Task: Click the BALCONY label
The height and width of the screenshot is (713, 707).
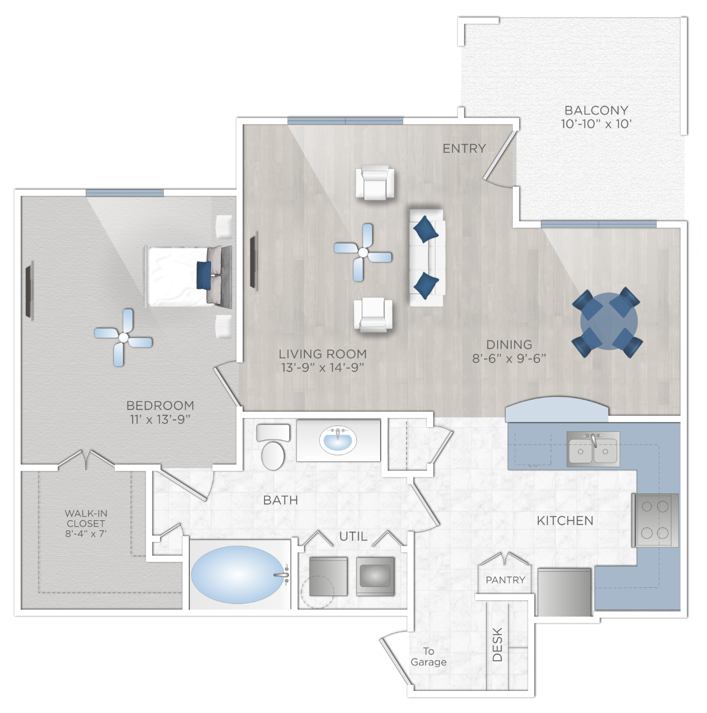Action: coord(596,110)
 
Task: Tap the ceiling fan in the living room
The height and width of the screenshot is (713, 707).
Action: coord(363,252)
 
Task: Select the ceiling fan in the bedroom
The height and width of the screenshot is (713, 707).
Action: coord(123,338)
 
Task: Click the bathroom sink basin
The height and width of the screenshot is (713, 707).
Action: coord(337,440)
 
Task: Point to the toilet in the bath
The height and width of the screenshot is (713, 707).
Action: coord(273,447)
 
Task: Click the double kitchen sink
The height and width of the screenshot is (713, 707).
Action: coord(593,448)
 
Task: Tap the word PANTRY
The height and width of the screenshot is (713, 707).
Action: coord(505,580)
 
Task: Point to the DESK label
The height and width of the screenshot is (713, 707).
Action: coord(498,644)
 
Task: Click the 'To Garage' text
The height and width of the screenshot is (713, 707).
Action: coord(428,656)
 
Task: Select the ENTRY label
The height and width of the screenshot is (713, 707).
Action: coord(464,148)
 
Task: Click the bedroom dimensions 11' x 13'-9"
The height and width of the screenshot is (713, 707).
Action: coord(160,419)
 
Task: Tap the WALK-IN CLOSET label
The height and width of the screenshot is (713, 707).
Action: coord(86,523)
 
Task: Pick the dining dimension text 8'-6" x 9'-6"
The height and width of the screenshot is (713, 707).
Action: coord(509,358)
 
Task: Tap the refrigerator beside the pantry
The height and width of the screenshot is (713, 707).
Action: coord(564,592)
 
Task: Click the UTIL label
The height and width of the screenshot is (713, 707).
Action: coord(353,536)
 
